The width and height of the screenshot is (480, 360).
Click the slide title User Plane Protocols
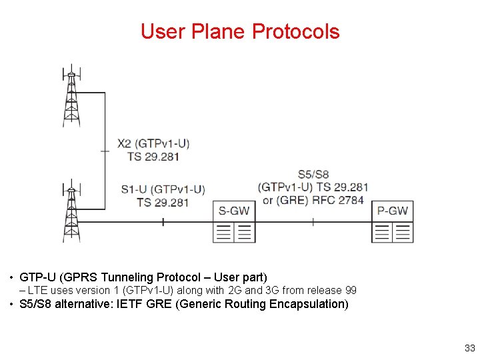pos(240,31)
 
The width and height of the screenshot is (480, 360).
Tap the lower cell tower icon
pos(71,211)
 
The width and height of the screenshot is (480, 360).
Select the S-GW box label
pos(234,211)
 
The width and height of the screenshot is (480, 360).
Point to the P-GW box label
pos(393,211)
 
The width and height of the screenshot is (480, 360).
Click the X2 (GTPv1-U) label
pos(153,143)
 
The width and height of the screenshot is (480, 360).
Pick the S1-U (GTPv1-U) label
pos(163,189)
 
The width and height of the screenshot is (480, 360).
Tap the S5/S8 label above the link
pos(313,174)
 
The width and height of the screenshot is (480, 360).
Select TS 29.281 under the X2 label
pos(153,157)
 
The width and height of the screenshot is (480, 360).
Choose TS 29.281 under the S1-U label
pos(163,203)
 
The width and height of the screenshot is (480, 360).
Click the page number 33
pos(469,347)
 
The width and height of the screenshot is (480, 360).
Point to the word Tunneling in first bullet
pos(125,277)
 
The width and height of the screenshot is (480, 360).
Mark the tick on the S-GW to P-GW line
pos(313,222)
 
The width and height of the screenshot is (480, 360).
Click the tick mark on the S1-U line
pos(163,222)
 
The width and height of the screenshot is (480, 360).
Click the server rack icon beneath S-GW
pos(234,232)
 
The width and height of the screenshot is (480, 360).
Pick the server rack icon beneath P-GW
pos(393,232)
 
